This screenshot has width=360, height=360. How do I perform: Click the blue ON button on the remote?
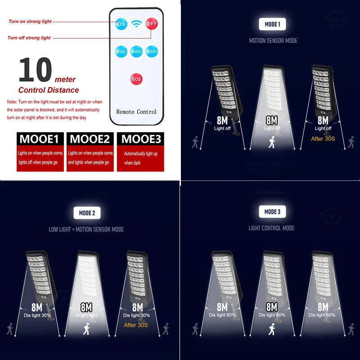click(x=121, y=24)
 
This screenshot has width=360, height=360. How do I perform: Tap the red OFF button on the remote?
click(x=152, y=24)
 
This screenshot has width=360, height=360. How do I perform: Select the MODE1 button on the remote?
click(x=121, y=51)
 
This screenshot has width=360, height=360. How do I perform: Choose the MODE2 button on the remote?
click(x=136, y=51)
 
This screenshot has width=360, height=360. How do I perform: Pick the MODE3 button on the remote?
click(x=152, y=51)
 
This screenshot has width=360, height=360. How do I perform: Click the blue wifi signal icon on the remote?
click(x=136, y=24)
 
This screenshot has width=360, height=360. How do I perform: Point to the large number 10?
click(x=35, y=71)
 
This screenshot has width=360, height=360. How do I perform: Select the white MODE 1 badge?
click(x=272, y=24)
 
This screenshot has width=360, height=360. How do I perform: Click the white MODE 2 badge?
click(x=86, y=213)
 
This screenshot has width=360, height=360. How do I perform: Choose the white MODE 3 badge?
click(x=272, y=211)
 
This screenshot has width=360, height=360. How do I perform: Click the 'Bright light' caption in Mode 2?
click(x=86, y=315)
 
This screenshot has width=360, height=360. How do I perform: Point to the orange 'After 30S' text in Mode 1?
click(x=323, y=139)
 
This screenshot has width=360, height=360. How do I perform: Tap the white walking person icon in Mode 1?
click(x=272, y=143)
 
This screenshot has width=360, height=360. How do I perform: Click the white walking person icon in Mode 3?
click(x=272, y=330)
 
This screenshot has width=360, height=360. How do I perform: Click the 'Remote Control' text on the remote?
click(x=136, y=112)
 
